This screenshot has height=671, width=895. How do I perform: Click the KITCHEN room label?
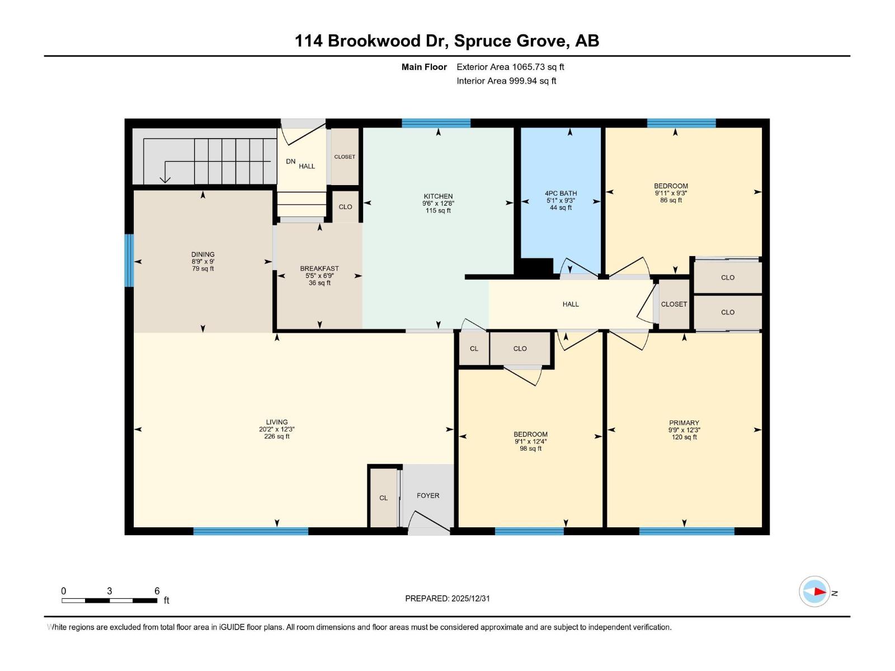click(x=438, y=196)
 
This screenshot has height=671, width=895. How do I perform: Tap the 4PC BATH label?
click(x=560, y=193)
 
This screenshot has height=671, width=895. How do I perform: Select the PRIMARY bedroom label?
click(x=684, y=423)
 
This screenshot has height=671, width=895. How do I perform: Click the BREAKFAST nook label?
click(x=319, y=268)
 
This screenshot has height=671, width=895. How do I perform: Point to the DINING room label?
click(x=202, y=254)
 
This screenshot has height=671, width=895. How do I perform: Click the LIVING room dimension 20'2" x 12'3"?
click(x=276, y=429)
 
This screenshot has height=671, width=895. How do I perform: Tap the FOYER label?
click(x=428, y=495)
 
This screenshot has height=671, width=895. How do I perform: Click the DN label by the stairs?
click(x=290, y=161)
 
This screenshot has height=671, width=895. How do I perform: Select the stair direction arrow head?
click(x=165, y=179)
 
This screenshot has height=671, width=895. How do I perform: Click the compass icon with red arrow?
click(x=814, y=591)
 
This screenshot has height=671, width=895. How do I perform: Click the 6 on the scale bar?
click(x=157, y=591)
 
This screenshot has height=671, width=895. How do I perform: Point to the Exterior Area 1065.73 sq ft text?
click(x=510, y=67)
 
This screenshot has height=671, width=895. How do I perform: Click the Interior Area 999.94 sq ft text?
click(x=506, y=81)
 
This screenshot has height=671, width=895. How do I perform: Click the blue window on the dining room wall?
click(x=129, y=260)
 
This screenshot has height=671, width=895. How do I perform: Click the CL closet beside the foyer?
click(x=383, y=498)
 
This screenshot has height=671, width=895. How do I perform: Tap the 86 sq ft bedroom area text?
click(x=671, y=200)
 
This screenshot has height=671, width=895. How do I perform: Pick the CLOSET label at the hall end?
click(x=673, y=304)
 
